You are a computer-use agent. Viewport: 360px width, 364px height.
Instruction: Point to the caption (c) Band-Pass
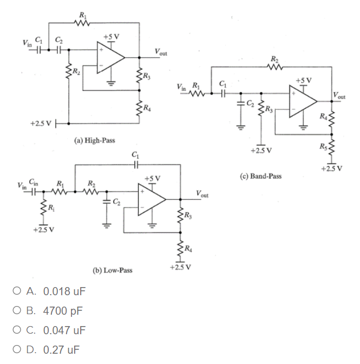tap(260, 177)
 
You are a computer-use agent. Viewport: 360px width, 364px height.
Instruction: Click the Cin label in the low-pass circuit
tap(34, 183)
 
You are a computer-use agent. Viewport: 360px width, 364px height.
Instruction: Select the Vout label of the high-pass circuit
tap(160, 52)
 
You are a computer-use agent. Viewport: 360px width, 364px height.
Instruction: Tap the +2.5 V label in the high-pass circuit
tap(41, 123)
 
